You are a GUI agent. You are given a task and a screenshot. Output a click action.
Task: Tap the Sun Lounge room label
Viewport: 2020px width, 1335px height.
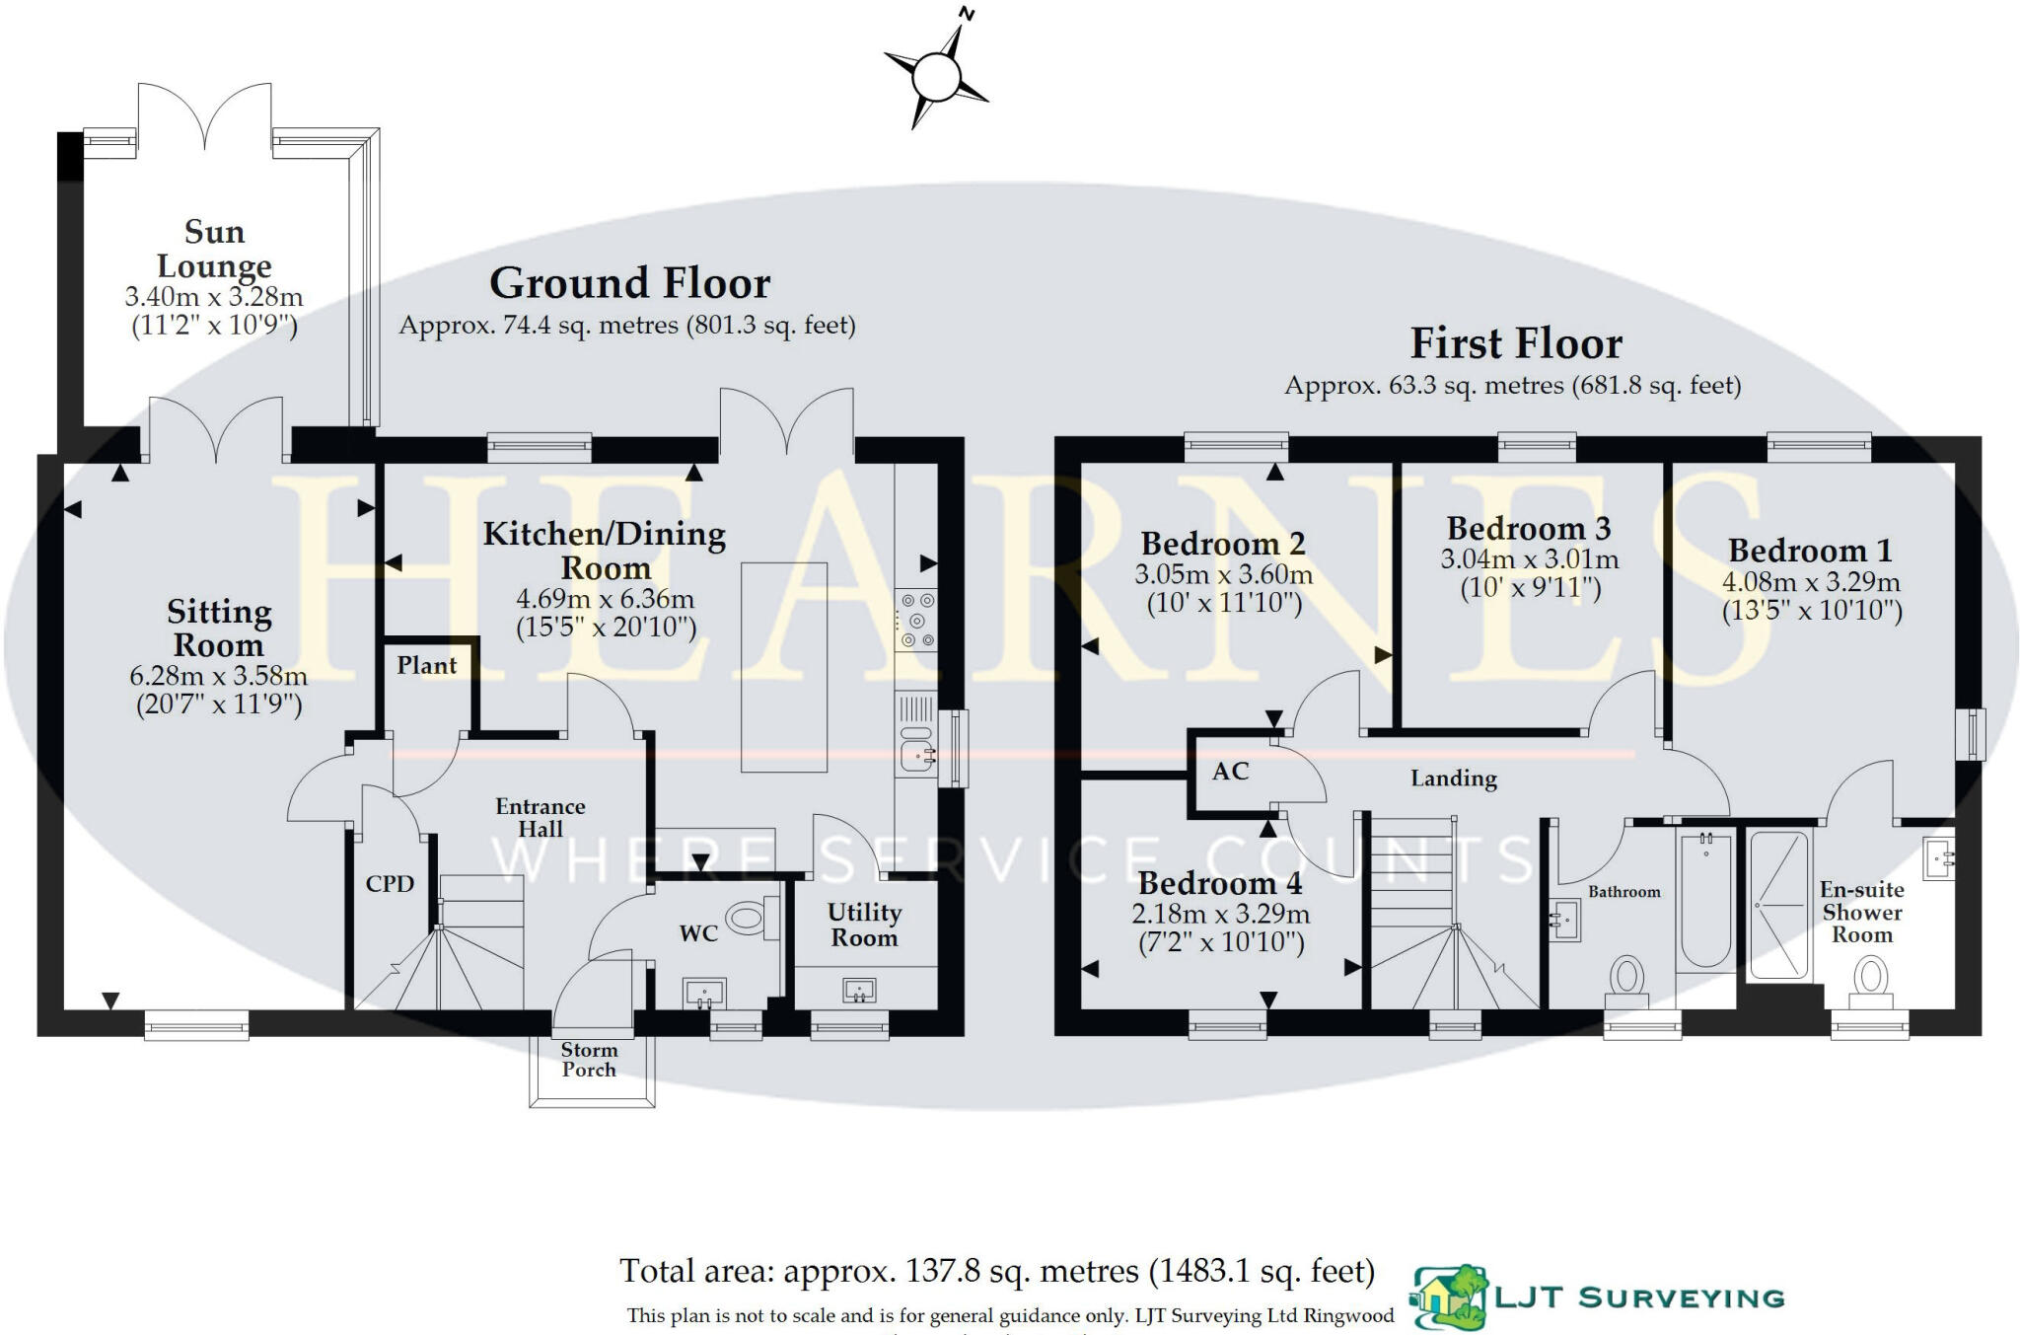pyautogui.click(x=214, y=249)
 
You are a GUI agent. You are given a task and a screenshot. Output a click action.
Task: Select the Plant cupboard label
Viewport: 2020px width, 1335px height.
pyautogui.click(x=426, y=666)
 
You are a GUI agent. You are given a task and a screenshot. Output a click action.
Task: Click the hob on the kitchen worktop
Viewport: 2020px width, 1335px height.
pyautogui.click(x=916, y=621)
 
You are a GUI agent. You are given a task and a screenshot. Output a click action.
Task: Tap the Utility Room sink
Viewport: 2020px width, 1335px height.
pyautogui.click(x=860, y=990)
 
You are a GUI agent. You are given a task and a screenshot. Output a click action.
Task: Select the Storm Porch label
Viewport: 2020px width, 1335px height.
pyautogui.click(x=589, y=1060)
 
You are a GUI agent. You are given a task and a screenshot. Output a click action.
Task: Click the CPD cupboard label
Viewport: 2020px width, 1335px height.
pyautogui.click(x=390, y=884)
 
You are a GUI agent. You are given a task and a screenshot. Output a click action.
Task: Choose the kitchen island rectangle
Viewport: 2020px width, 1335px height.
pyautogui.click(x=783, y=667)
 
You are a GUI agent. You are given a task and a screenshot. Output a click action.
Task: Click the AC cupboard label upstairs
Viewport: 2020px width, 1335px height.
pyautogui.click(x=1230, y=772)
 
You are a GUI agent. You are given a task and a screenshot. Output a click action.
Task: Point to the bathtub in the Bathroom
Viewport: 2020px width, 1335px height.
pyautogui.click(x=1705, y=900)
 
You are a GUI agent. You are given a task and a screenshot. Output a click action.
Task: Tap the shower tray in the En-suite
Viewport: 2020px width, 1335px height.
pyautogui.click(x=1779, y=906)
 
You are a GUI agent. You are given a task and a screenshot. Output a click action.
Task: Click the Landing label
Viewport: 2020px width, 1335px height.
pyautogui.click(x=1453, y=779)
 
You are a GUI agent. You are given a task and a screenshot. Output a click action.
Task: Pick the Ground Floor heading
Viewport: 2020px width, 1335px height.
pyautogui.click(x=629, y=284)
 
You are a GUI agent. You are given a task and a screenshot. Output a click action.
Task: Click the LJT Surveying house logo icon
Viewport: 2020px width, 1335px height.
pyautogui.click(x=1449, y=1297)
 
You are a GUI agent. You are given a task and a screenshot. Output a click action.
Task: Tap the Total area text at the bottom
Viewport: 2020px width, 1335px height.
pyautogui.click(x=996, y=1272)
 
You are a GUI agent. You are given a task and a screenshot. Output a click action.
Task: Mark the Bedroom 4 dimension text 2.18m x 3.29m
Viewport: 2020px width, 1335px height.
pyautogui.click(x=1220, y=914)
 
